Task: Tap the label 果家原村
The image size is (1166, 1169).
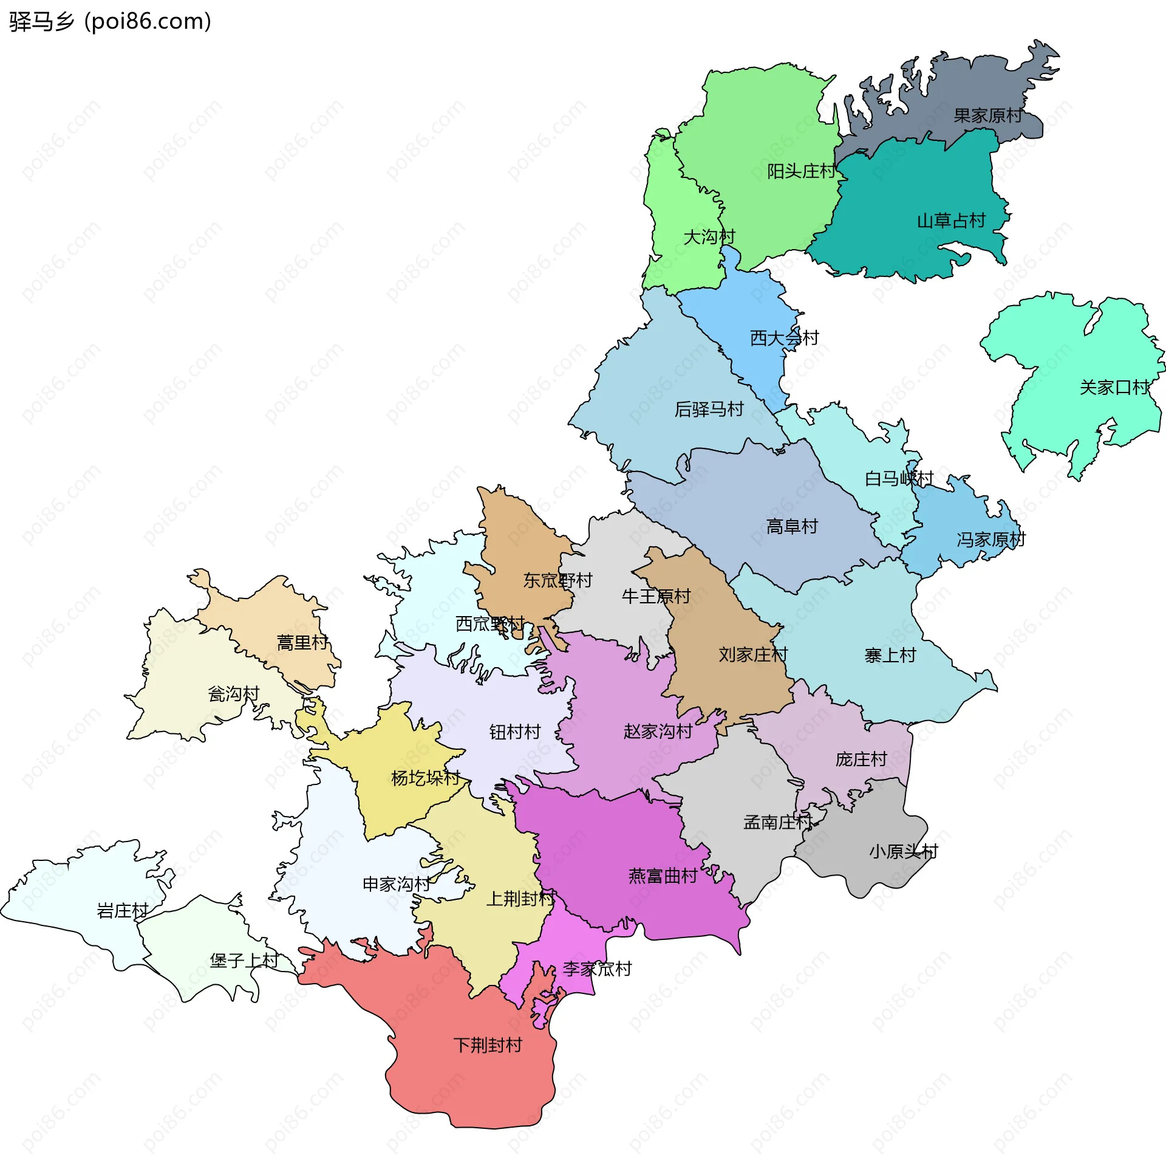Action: (x=988, y=115)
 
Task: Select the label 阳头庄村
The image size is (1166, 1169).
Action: (x=801, y=171)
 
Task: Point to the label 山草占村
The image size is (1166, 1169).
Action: (x=951, y=221)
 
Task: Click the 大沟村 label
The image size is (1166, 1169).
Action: (x=709, y=237)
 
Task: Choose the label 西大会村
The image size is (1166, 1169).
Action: (x=785, y=338)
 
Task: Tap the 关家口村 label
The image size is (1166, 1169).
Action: (x=1114, y=388)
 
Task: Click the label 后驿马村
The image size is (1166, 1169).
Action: (x=709, y=410)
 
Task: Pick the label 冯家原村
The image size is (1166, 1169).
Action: (x=991, y=540)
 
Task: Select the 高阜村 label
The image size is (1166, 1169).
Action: (x=792, y=526)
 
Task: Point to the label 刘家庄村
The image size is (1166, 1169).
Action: (x=753, y=654)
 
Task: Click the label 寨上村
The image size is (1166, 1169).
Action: (x=890, y=656)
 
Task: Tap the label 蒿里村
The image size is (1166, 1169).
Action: (x=302, y=642)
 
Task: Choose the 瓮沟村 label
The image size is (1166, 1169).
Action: (x=234, y=694)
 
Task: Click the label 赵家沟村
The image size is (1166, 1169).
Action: (x=658, y=732)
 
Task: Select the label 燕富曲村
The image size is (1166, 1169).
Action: (x=663, y=876)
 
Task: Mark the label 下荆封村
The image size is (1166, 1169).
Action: (x=488, y=1045)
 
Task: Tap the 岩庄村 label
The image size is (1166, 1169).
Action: (x=123, y=911)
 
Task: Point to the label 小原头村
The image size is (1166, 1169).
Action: (x=904, y=851)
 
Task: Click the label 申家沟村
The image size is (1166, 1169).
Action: (x=397, y=884)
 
